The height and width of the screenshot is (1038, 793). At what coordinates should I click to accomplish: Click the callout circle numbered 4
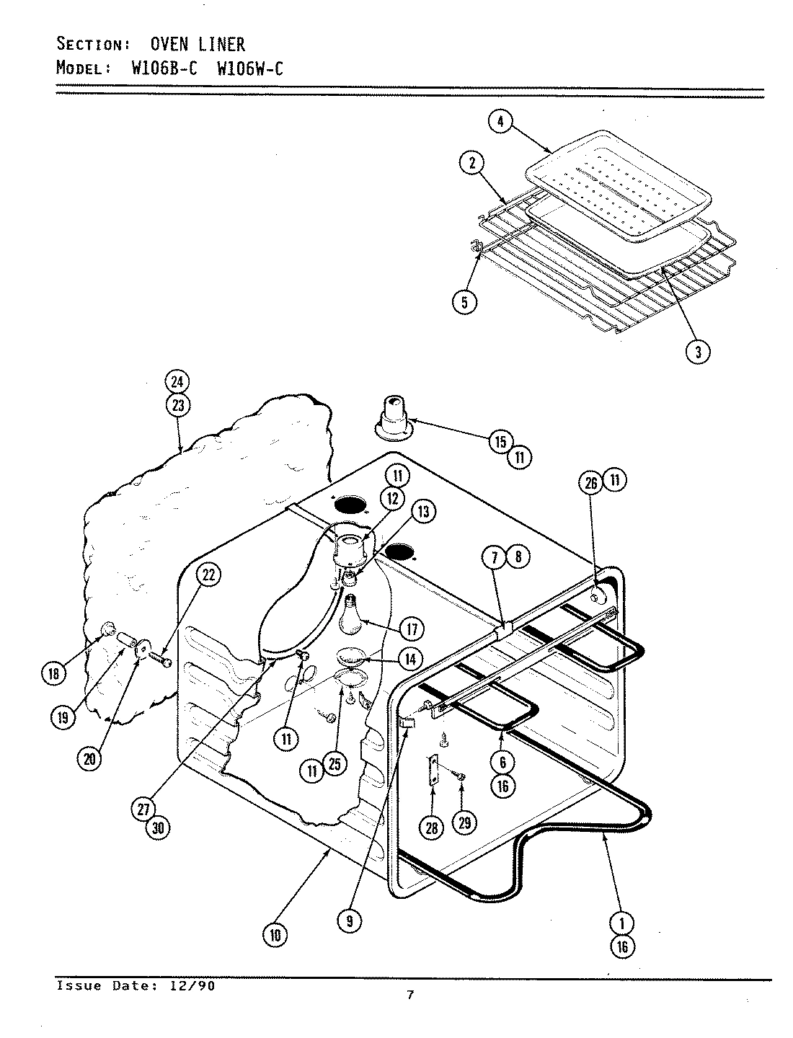(500, 122)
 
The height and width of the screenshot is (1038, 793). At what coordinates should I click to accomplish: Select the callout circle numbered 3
(697, 351)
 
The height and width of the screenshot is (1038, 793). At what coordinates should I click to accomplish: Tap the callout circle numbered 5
(464, 301)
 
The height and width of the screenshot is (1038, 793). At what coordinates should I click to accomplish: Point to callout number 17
(412, 629)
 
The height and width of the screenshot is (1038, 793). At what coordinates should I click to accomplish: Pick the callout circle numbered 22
(208, 575)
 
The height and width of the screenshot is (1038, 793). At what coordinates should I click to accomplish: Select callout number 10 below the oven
(275, 935)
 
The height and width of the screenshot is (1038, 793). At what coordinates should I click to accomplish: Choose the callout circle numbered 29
(465, 822)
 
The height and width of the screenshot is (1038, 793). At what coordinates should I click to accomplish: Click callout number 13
(423, 511)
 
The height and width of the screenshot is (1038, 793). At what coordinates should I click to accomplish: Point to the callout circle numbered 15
(501, 442)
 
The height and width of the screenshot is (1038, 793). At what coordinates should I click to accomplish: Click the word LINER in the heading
(222, 45)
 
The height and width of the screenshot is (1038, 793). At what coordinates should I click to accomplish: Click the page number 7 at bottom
(409, 995)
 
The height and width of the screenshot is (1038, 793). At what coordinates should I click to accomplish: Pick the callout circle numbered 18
(53, 674)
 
